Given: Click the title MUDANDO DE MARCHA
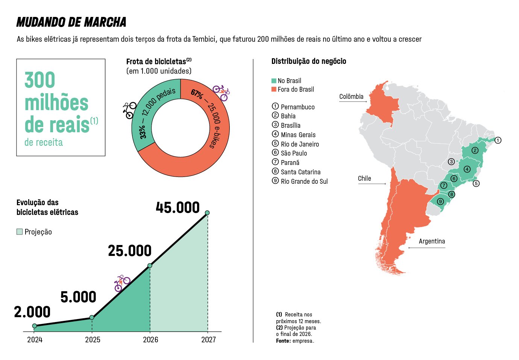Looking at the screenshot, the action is (x=71, y=22).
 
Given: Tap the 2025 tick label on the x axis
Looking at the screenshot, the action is (x=93, y=340).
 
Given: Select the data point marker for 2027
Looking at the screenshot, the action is (x=207, y=213).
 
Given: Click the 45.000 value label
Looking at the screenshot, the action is (x=178, y=207).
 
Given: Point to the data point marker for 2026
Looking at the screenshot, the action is (x=150, y=266).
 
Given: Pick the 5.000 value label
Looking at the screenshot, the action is (x=78, y=297).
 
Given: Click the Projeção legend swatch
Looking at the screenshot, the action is (x=20, y=232).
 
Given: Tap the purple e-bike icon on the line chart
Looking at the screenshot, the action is (x=122, y=283).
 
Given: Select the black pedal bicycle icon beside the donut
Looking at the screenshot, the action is (x=129, y=110).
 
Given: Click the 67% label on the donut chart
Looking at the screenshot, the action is (x=197, y=94).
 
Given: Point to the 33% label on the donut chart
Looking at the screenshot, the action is (x=143, y=132).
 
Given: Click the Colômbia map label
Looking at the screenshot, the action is (x=351, y=97).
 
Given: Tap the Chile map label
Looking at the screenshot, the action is (x=364, y=178).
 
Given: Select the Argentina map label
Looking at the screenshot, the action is (x=432, y=241).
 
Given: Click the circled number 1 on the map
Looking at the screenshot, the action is (x=498, y=140).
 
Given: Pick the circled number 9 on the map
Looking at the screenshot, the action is (x=440, y=201).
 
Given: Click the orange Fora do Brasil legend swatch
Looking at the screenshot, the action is (x=274, y=89).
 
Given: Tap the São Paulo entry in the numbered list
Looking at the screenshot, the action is (x=294, y=153).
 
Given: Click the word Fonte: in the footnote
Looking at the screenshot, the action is (x=283, y=341).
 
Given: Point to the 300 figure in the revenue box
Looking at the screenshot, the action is (x=40, y=80).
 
